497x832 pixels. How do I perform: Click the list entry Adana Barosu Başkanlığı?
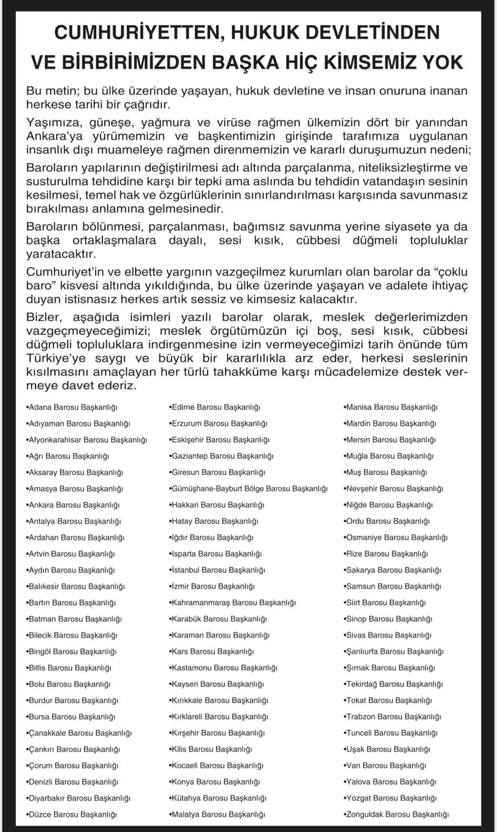click(x=72, y=407)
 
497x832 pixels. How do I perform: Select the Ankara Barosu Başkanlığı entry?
click(x=73, y=505)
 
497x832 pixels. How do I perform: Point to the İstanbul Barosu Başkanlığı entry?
click(x=217, y=570)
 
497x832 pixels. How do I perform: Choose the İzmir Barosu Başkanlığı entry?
click(x=212, y=586)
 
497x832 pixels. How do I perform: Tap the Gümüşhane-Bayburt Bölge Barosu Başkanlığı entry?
click(x=248, y=488)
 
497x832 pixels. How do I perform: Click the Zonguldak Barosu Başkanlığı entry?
click(x=397, y=815)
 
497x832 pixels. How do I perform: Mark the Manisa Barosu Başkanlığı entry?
click(x=391, y=407)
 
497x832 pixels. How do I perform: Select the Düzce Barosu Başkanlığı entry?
click(x=71, y=815)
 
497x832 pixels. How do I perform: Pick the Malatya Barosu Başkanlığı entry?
click(x=217, y=815)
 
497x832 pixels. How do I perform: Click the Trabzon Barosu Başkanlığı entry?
click(x=393, y=716)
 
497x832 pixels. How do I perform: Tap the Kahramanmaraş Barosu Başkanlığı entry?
click(x=232, y=602)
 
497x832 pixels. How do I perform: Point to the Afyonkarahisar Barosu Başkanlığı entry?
click(x=87, y=440)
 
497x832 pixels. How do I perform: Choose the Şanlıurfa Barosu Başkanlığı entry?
click(x=394, y=651)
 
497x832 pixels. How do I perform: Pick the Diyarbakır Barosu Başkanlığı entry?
click(x=78, y=798)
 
